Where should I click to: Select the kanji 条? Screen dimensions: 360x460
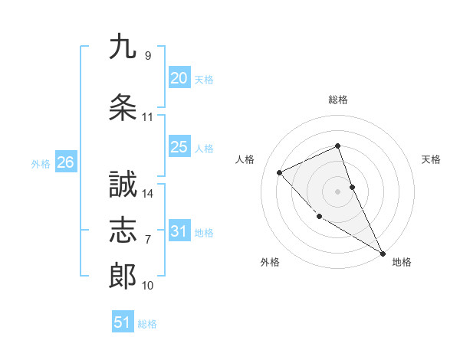123,107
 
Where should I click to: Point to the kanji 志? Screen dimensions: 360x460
123,230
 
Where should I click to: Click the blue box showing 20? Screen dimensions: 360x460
179,78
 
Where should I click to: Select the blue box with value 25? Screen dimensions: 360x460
179,147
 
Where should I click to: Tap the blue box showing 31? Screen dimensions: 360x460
179,232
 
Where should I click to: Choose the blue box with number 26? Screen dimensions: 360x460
65,162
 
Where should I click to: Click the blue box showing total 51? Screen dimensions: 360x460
123,322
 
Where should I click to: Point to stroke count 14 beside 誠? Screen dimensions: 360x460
149,194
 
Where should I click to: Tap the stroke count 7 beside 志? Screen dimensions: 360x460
148,240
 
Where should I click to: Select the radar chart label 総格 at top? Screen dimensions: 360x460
338,100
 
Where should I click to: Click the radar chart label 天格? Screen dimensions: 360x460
431,159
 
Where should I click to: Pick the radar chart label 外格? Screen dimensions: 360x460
270,262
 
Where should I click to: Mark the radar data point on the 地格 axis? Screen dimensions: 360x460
383,253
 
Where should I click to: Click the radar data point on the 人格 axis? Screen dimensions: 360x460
280,172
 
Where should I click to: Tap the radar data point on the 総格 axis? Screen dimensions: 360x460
338,146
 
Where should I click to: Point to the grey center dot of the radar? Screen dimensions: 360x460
338,191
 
